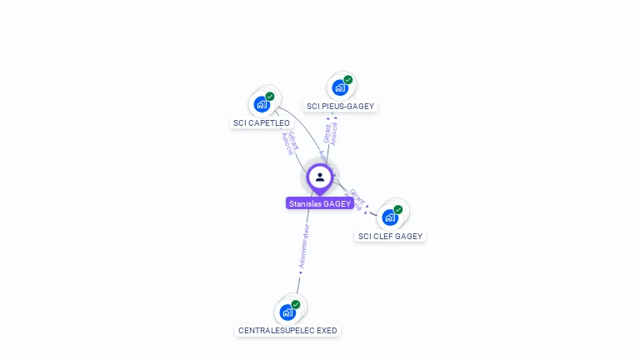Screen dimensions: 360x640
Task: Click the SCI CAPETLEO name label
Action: (262, 123)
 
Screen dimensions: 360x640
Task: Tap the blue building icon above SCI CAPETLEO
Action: (262, 105)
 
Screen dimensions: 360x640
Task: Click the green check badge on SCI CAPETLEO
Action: (270, 97)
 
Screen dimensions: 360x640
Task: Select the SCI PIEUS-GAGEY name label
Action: (340, 107)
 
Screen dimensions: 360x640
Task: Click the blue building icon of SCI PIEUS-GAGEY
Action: (339, 87)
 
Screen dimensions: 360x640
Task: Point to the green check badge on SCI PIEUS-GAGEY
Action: (348, 80)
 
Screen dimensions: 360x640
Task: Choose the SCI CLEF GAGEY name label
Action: (390, 237)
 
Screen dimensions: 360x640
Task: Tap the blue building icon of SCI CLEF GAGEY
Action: (389, 217)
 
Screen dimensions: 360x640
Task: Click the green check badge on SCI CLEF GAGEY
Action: (398, 209)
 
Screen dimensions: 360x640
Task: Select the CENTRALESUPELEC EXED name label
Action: (287, 331)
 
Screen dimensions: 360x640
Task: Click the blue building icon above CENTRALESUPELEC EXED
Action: (287, 312)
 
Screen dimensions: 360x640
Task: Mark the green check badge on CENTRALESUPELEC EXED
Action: (296, 304)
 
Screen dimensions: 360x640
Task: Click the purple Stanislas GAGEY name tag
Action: (320, 203)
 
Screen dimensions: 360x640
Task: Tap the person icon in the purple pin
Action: (320, 177)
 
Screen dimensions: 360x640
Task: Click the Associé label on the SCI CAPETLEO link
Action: (287, 144)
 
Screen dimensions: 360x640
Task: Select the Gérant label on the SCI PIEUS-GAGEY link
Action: (327, 133)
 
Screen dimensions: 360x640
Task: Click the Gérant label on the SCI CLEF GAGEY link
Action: (357, 196)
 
